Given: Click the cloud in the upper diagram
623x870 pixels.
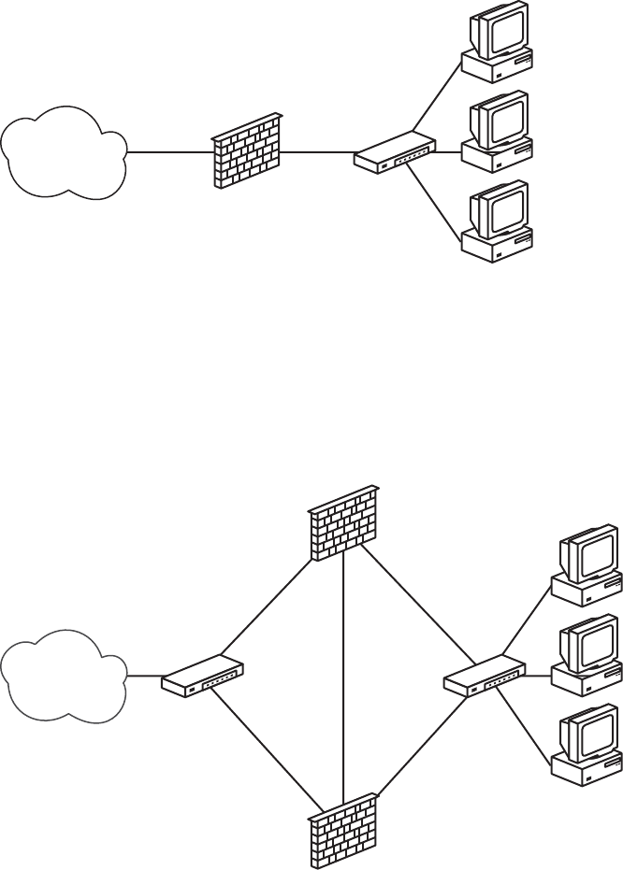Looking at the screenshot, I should point(64,151).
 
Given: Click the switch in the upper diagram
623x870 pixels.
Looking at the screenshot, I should point(395,152).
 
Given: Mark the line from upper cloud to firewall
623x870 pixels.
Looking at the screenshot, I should point(168,151).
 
